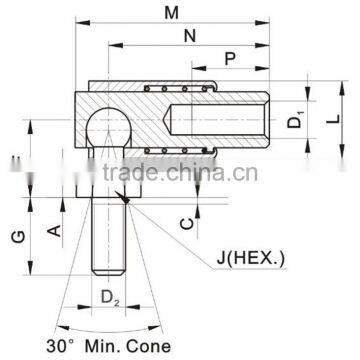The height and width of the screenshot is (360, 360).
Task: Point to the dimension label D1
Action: pos(295,125)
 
